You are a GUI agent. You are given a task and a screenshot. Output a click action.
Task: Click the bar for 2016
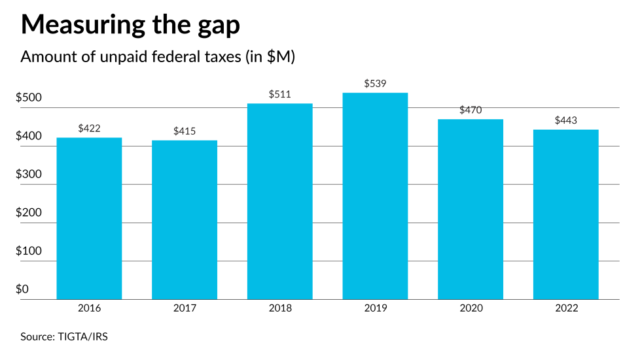[x=89, y=219]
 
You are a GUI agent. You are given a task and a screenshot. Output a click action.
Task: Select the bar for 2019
[x=375, y=196]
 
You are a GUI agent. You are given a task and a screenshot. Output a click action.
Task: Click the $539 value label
[x=375, y=84]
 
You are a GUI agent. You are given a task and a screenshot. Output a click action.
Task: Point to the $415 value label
[x=185, y=132]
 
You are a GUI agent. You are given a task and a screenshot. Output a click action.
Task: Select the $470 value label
[x=471, y=110]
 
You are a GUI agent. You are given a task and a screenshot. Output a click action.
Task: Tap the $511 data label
[x=279, y=94]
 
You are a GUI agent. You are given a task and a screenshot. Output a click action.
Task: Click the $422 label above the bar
[x=89, y=128]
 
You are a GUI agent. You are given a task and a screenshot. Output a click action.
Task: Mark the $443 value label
[x=565, y=120]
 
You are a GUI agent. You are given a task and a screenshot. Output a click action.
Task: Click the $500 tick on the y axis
[x=29, y=98]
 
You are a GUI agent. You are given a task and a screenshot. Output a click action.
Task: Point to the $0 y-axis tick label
[x=22, y=289]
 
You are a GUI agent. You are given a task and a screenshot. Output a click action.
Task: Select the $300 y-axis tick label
[x=29, y=175]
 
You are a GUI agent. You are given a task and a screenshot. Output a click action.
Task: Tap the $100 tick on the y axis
[x=29, y=251]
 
